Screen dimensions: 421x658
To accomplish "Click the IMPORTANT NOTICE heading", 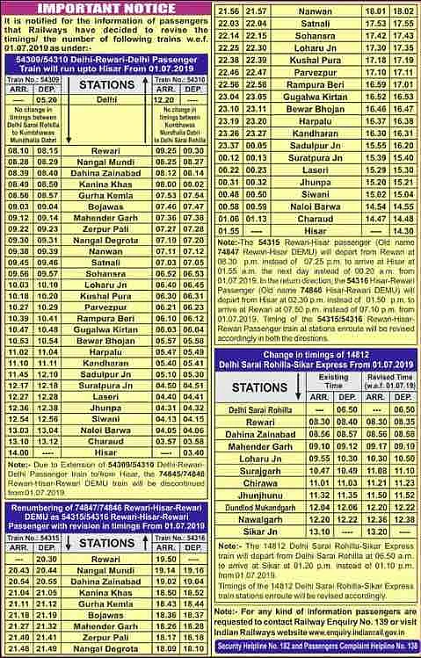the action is (x=105, y=10).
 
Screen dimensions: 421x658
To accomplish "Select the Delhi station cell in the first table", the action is (x=105, y=99).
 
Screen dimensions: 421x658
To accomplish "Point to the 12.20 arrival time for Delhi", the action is (x=163, y=99).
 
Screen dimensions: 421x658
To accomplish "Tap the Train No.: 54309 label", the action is (x=33, y=78).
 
